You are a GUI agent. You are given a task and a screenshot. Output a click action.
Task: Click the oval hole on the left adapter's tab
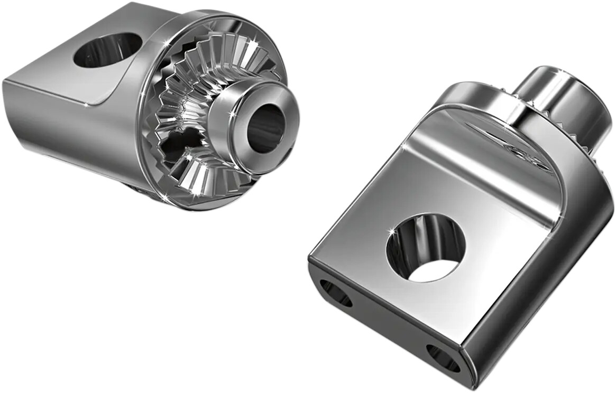[107, 50]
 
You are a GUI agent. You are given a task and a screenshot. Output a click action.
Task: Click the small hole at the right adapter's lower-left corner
[336, 293]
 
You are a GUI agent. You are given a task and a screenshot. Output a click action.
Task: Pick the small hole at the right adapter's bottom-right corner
[443, 358]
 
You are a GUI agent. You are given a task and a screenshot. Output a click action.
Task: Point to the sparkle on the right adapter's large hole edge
[392, 232]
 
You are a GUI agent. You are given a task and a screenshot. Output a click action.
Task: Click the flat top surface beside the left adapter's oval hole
[48, 74]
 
